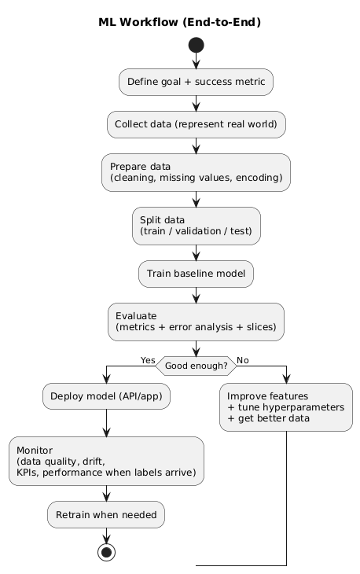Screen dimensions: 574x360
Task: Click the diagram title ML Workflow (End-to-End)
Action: (x=180, y=22)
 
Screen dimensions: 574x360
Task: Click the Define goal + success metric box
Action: (x=196, y=81)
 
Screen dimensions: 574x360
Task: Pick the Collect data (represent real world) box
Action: (x=196, y=123)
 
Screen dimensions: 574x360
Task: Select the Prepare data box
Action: (x=196, y=172)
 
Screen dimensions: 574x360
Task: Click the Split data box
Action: (x=196, y=226)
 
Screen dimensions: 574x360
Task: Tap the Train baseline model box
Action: (x=196, y=274)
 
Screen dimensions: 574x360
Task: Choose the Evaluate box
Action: (x=196, y=322)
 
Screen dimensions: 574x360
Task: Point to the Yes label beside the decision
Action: (x=147, y=359)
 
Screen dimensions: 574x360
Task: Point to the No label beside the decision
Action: (x=243, y=359)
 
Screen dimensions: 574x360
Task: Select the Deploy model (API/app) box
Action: (x=106, y=398)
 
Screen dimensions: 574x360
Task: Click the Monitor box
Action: (x=106, y=462)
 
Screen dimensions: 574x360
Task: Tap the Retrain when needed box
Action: (x=106, y=514)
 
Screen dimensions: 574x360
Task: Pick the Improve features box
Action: (x=286, y=407)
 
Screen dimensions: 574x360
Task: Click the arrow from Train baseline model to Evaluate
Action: (x=196, y=295)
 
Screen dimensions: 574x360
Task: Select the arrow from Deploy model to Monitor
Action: (x=106, y=424)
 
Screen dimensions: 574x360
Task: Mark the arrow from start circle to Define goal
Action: (x=196, y=62)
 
